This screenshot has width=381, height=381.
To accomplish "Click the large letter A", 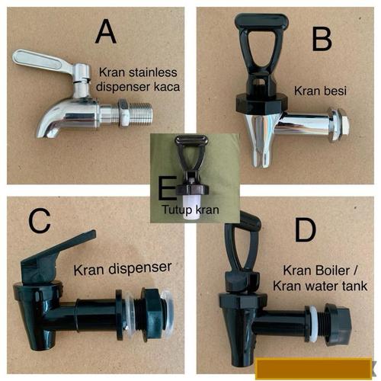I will tap(106, 33).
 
